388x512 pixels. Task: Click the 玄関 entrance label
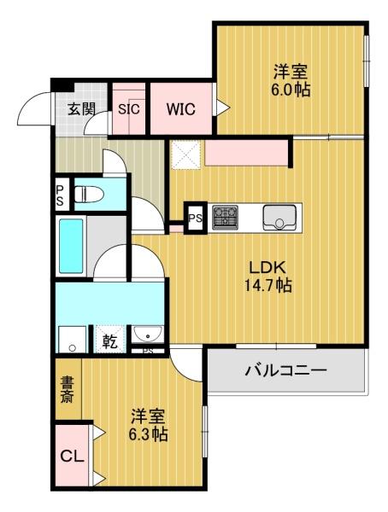(x=82, y=108)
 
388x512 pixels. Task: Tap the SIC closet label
(x=129, y=108)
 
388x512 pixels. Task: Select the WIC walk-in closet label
(x=180, y=108)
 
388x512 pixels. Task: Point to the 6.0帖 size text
(x=291, y=90)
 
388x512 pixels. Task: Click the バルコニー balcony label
(x=286, y=371)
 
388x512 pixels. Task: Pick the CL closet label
(x=72, y=457)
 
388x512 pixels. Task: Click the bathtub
(x=70, y=245)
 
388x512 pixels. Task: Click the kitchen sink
(x=279, y=217)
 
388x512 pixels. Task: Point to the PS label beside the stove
(x=196, y=217)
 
